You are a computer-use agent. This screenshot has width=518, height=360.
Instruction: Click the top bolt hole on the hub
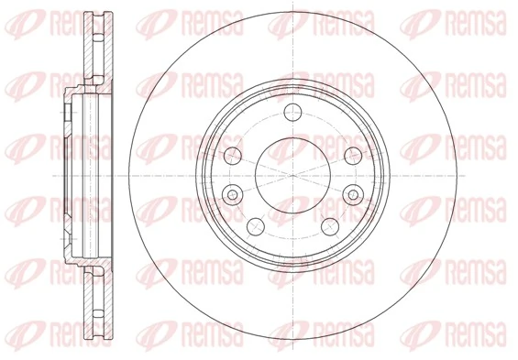[x=292, y=114]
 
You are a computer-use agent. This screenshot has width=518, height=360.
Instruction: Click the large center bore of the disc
[x=292, y=173]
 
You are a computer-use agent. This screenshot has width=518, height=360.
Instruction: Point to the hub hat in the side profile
[x=72, y=173]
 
